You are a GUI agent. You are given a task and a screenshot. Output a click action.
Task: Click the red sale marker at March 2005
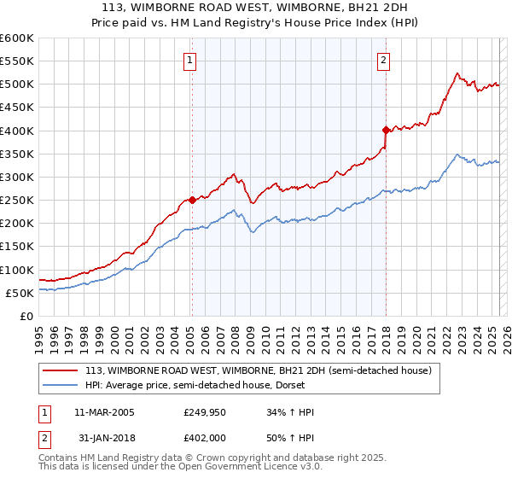tap(192, 200)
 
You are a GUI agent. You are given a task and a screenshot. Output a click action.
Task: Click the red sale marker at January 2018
tap(386, 130)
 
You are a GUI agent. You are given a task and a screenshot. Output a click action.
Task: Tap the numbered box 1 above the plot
tap(189, 60)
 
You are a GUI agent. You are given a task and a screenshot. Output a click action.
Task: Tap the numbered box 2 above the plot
tap(384, 60)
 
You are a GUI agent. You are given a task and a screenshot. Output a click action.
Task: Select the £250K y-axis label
tap(17, 201)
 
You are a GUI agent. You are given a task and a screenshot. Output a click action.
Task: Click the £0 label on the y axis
tap(26, 316)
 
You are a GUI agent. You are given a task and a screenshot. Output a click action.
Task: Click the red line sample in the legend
tap(61, 371)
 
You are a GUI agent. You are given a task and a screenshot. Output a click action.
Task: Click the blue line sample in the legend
tap(61, 385)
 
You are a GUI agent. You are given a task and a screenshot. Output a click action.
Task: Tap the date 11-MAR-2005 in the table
tap(104, 412)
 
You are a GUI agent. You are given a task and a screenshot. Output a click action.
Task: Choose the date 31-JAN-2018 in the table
tap(104, 436)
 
